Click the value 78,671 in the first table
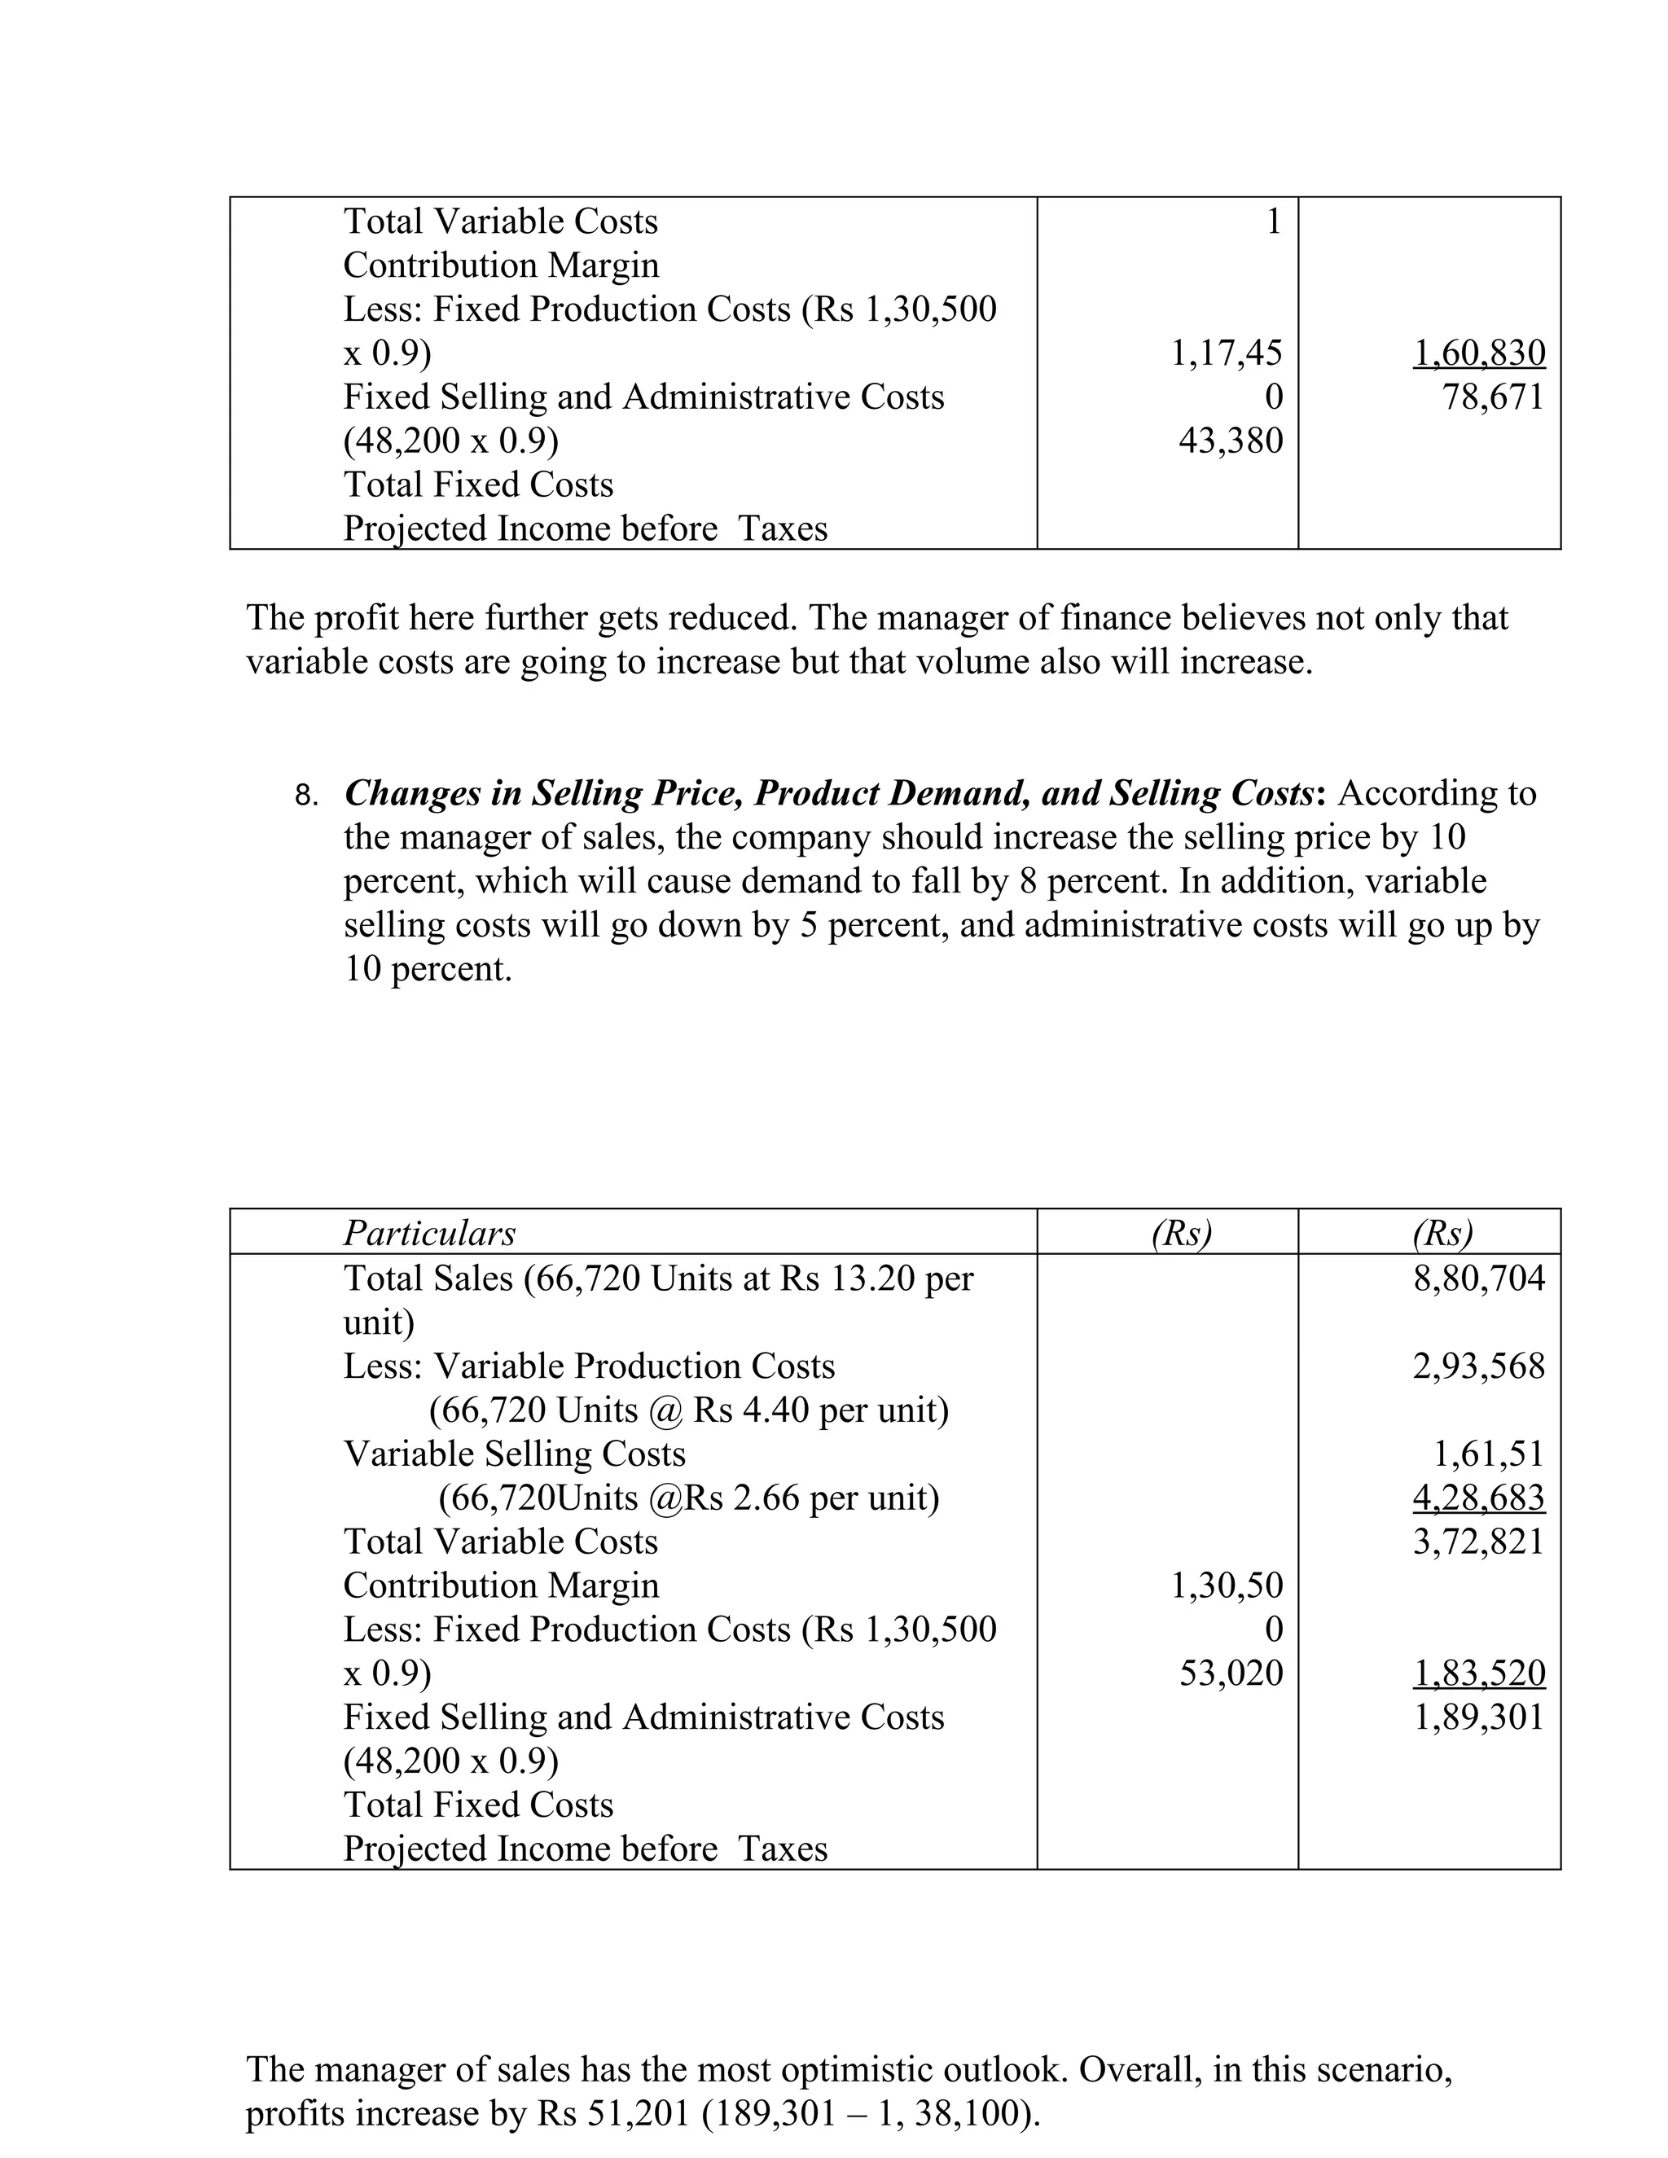click(x=1492, y=397)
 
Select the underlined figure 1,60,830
click(x=1478, y=353)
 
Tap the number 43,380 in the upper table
click(x=1231, y=441)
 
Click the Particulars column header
click(x=429, y=1233)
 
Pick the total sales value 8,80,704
click(x=1478, y=1279)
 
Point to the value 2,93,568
click(x=1478, y=1366)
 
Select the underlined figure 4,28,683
click(x=1478, y=1498)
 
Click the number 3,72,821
click(x=1478, y=1542)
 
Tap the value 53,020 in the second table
click(x=1231, y=1673)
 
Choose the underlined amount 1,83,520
click(x=1478, y=1673)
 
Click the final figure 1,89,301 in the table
click(x=1478, y=1717)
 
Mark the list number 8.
click(x=305, y=796)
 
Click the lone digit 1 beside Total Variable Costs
click(x=1274, y=222)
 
